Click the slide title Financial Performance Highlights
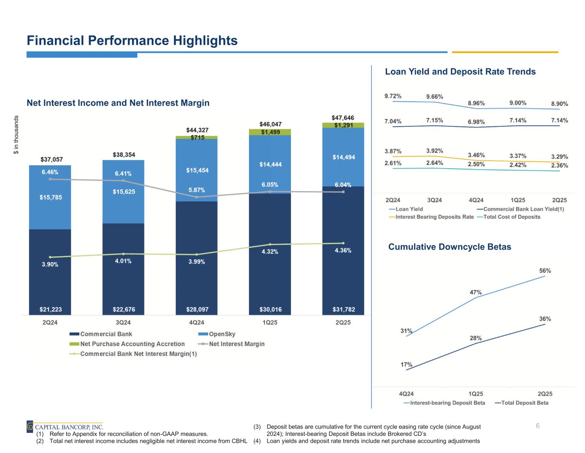click(x=132, y=41)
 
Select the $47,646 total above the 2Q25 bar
click(x=343, y=118)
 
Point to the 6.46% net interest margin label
click(x=50, y=172)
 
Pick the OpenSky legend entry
click(x=222, y=334)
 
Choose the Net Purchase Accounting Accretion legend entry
click(x=132, y=344)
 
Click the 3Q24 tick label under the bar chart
click(x=123, y=322)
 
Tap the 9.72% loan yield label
click(x=393, y=96)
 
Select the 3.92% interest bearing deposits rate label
click(x=435, y=151)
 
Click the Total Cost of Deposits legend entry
click(x=511, y=217)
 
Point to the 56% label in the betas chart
click(x=545, y=271)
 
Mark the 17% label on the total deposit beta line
click(x=407, y=365)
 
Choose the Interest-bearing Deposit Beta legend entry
click(x=447, y=403)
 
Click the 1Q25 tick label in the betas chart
click(x=476, y=393)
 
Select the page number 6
click(x=537, y=426)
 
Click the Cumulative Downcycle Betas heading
click(x=450, y=247)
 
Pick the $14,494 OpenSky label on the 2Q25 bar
click(x=344, y=158)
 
